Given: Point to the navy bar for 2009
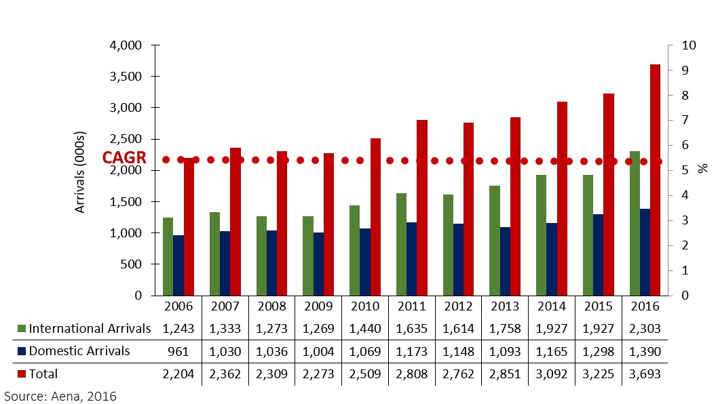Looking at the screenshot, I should pos(319,264).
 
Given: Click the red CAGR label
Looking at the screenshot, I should pos(124,158).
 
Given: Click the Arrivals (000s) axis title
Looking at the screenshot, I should pos(80,171).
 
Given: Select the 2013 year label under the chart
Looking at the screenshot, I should pos(504,306).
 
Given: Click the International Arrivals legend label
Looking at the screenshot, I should pos(90,329).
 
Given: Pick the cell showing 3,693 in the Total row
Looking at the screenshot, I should pos(644,373).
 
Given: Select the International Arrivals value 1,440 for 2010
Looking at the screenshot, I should pos(365,329).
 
